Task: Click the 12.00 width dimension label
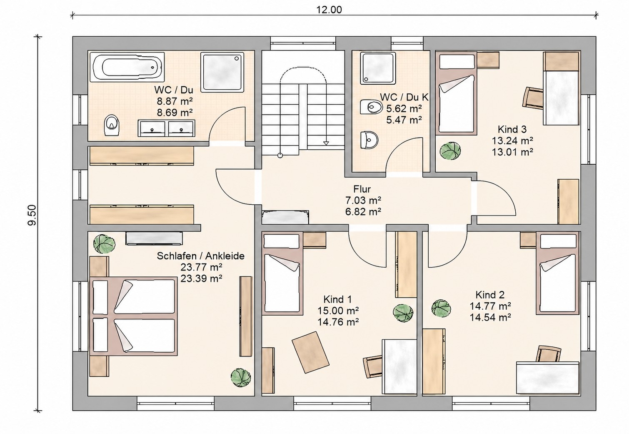pos(329,10)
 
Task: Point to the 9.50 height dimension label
pos(32,215)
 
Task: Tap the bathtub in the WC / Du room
pos(127,68)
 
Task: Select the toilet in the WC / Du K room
pos(371,107)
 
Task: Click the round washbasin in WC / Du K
pos(369,140)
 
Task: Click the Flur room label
pos(362,189)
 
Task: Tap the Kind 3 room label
pos(512,130)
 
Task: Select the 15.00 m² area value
pos(338,311)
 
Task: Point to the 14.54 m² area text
pos(490,317)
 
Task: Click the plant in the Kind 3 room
pos(450,151)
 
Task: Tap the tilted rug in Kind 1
pos(310,352)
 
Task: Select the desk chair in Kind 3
pos(533,97)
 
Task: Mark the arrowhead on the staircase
pos(326,143)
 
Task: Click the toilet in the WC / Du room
pos(112,125)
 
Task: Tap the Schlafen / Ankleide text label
pos(200,256)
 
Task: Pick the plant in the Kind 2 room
pos(441,309)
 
